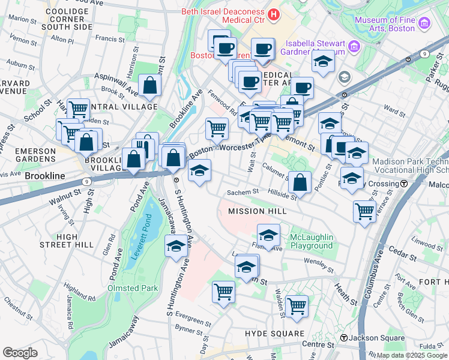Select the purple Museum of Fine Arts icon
424,23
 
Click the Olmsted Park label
132,288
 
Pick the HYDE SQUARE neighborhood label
274,333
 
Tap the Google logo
20,353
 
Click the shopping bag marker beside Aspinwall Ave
149,86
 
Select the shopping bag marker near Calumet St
300,182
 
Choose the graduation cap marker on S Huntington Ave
176,247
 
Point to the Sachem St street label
242,192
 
